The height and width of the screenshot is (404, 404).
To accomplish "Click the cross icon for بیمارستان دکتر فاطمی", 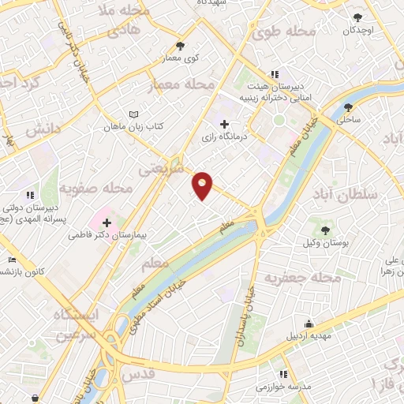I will pos(107,223).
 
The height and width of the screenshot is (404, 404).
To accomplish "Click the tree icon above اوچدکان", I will pos(357,17).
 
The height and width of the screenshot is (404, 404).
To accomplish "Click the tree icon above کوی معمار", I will pos(181,45).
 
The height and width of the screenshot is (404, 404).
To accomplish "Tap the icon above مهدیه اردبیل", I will pos(309,324).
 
